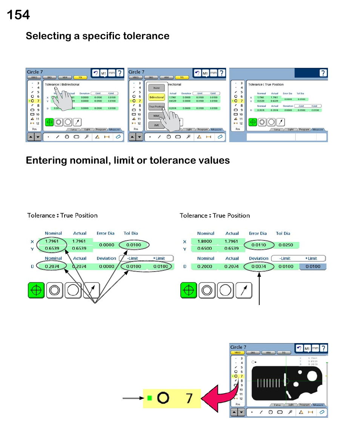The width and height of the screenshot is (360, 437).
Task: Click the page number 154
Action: tap(18, 15)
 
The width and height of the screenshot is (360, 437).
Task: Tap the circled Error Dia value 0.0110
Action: tap(258, 245)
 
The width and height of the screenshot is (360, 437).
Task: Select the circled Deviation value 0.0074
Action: tap(258, 267)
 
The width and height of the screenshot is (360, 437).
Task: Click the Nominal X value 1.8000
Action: tap(205, 241)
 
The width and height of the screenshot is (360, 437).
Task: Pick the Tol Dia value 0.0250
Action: tap(286, 245)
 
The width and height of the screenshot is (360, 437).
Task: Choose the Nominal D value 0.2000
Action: tap(205, 267)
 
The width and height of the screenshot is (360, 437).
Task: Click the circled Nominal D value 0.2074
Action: tap(52, 267)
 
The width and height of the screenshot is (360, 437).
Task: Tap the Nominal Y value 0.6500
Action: tap(205, 248)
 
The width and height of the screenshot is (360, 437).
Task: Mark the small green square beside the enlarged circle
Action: tap(150, 398)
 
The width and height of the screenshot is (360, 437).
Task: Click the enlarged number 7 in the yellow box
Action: tap(189, 398)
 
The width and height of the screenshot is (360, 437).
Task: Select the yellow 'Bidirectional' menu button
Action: tap(156, 97)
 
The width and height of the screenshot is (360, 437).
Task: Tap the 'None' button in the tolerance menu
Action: tap(156, 88)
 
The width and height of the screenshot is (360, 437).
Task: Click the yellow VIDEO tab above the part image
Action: tap(236, 353)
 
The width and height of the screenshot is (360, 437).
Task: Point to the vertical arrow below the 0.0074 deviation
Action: tap(259, 290)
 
